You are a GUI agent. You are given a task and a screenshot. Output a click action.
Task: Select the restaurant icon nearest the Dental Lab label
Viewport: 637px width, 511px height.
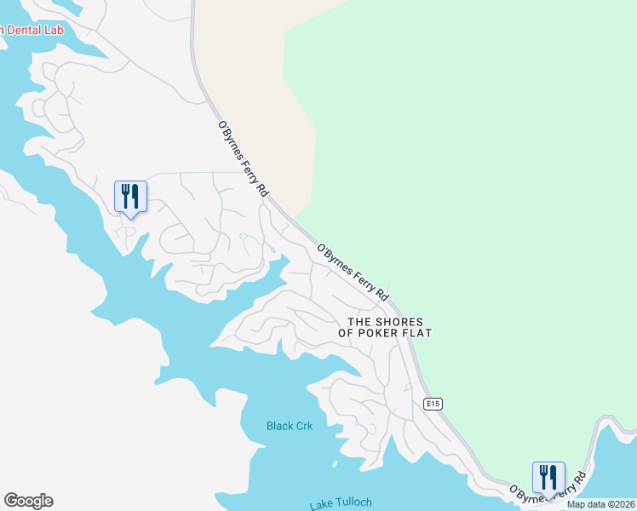click(130, 198)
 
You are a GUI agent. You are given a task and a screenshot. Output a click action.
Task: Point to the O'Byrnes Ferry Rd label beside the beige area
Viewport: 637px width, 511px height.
click(243, 159)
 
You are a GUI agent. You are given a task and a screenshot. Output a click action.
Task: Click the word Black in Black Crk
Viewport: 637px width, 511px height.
click(279, 426)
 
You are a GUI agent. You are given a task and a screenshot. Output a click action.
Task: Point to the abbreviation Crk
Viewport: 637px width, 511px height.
click(305, 426)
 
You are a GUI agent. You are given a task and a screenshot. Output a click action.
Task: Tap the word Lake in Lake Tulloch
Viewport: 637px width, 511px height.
click(322, 504)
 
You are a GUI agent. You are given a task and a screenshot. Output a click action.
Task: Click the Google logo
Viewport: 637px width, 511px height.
click(28, 501)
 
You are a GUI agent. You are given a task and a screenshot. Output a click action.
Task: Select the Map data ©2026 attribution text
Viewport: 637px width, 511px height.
click(600, 504)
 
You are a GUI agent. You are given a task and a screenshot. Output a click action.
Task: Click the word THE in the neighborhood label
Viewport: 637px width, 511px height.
click(359, 322)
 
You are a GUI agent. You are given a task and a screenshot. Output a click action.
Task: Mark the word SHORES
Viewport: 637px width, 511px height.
click(399, 322)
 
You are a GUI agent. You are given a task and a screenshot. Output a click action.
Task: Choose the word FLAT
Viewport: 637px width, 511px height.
click(416, 333)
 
